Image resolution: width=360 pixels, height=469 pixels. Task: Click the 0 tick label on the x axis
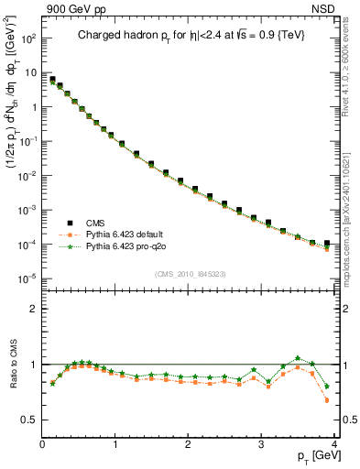click(x=42, y=444)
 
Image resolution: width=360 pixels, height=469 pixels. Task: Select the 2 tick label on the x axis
click(x=189, y=444)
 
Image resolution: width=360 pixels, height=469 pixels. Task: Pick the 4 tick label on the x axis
click(x=334, y=444)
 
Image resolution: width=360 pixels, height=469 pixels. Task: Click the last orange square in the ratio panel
click(x=327, y=400)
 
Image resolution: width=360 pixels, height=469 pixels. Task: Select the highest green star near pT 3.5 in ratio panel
click(x=298, y=358)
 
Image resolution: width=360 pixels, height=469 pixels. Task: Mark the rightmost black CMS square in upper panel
click(x=327, y=244)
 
